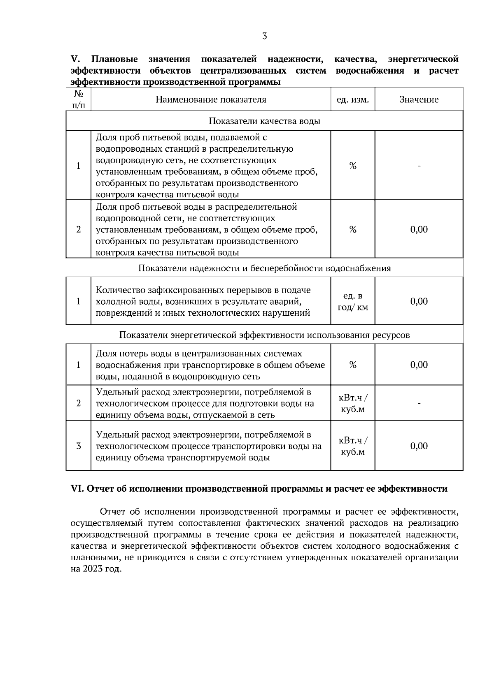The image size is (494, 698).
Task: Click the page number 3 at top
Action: (264, 36)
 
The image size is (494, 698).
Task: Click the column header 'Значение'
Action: (419, 99)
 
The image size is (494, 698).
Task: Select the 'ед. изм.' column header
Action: (353, 99)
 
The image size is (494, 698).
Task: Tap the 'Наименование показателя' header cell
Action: (211, 99)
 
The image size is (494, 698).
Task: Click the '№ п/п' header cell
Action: (78, 99)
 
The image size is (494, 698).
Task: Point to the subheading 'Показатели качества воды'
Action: (264, 121)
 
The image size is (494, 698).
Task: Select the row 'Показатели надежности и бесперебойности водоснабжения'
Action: (264, 268)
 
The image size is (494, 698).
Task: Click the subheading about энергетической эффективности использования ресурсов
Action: (264, 335)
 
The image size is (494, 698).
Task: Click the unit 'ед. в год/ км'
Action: (353, 301)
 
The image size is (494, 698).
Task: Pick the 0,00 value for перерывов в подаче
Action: (419, 301)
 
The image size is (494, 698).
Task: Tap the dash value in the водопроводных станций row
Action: (419, 166)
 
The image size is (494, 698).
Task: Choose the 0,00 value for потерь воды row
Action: (419, 365)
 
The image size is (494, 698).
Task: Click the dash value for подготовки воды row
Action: (419, 404)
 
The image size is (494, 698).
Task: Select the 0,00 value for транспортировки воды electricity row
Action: (419, 446)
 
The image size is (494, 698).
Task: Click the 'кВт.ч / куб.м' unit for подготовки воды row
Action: (353, 404)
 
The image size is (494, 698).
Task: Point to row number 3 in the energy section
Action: (78, 446)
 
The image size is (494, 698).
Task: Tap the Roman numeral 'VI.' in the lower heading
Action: (77, 489)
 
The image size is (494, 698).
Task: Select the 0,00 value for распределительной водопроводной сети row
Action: (419, 229)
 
